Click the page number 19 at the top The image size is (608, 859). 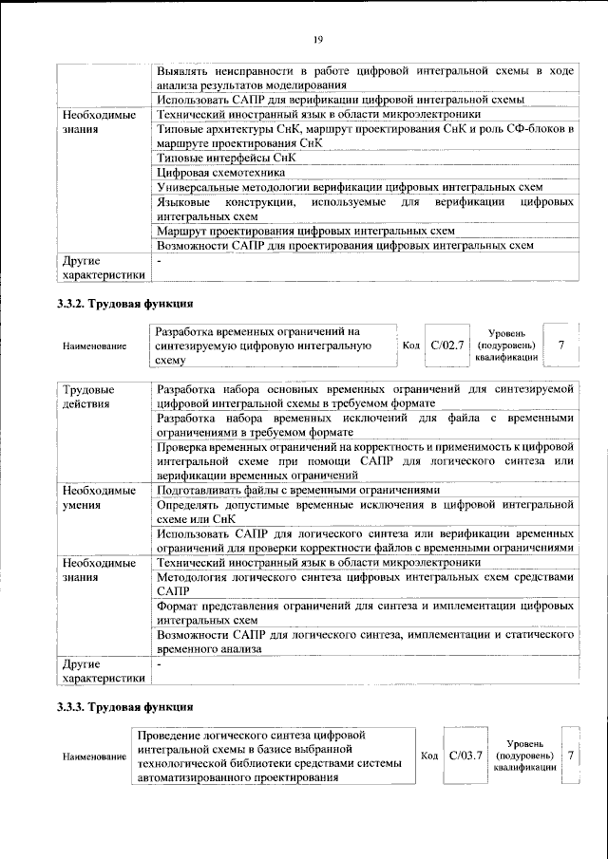coord(317,38)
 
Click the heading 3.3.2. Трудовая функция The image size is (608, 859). coord(124,305)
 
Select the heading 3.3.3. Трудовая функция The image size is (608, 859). coord(124,707)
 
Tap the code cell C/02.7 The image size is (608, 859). coord(446,345)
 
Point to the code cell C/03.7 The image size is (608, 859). coord(465,756)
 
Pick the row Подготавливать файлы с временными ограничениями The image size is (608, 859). coord(298,490)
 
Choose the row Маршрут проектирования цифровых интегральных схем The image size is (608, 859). coord(305,231)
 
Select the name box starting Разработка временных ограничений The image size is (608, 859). coord(272,345)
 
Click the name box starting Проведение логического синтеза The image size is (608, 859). coord(272,756)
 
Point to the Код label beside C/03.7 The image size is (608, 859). coord(429,756)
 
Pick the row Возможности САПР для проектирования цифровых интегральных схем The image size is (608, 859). coord(345,246)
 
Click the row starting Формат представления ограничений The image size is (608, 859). coord(365,611)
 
